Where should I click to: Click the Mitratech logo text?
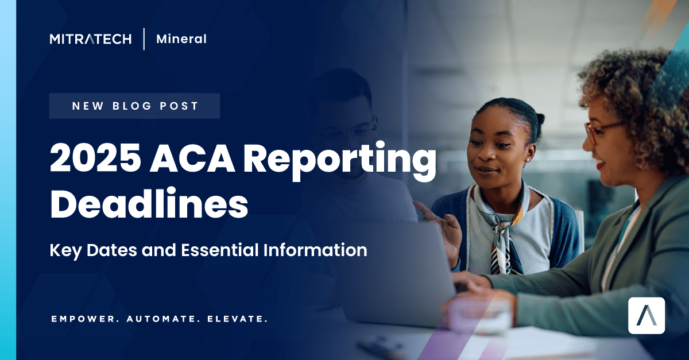(x=91, y=39)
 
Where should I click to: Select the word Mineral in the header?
(x=181, y=39)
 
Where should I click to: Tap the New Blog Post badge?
(x=134, y=106)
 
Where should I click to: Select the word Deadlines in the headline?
(x=149, y=205)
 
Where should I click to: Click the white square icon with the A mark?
(x=647, y=315)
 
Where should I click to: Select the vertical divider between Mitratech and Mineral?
(x=144, y=39)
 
